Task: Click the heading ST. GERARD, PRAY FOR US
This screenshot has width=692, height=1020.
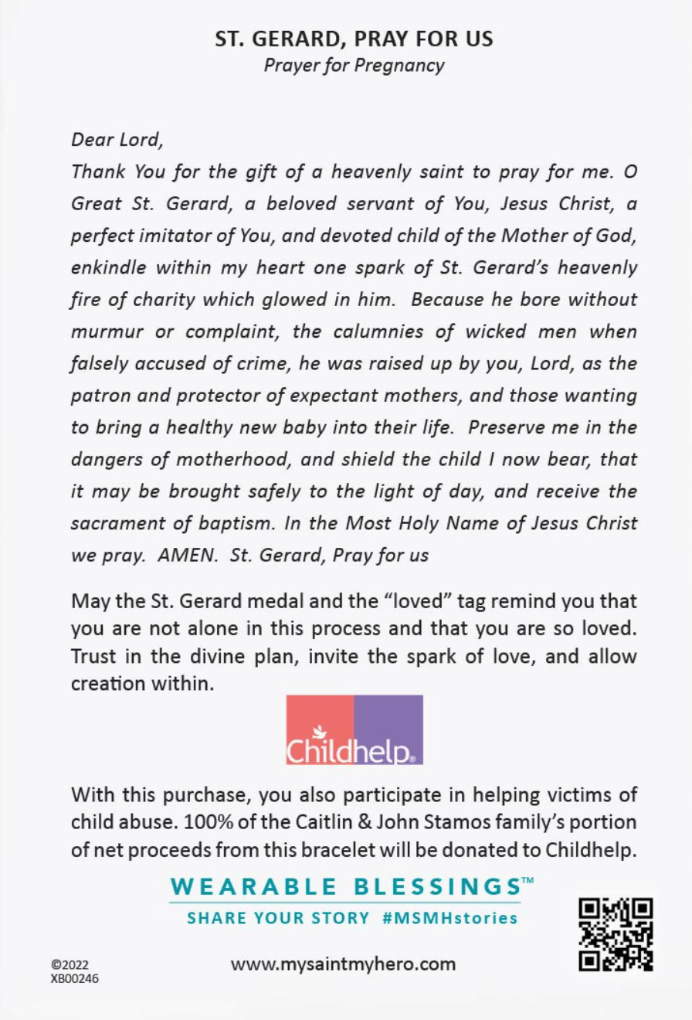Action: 354,39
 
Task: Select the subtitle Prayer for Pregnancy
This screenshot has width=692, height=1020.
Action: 354,65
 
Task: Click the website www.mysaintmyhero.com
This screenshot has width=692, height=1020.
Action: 344,964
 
